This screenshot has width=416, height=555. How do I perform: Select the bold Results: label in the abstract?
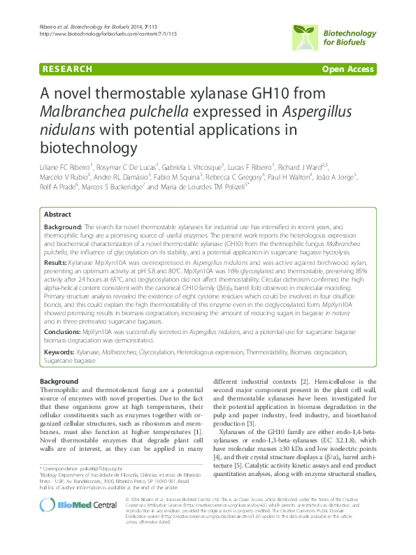point(57,240)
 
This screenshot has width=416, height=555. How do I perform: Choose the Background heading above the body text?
point(59,380)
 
